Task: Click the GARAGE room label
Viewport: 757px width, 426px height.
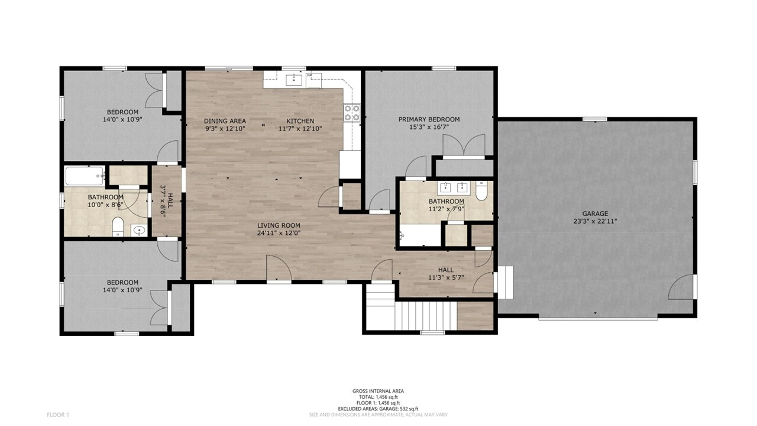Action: pos(595,214)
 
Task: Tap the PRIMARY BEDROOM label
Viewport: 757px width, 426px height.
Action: pos(429,120)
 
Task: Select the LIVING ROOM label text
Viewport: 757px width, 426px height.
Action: pos(279,225)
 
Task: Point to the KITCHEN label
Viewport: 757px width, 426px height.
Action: pos(300,121)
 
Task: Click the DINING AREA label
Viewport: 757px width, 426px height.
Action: pos(225,121)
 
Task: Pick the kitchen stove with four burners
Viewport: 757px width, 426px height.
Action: pos(352,112)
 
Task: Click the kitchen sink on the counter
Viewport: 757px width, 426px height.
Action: pos(294,80)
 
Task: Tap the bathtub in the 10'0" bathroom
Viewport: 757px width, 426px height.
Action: pos(85,176)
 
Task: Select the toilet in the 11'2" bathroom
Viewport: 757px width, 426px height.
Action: pos(481,191)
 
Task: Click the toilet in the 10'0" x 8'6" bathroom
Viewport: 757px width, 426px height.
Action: pos(118,227)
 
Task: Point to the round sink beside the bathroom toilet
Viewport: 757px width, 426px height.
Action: pos(138,231)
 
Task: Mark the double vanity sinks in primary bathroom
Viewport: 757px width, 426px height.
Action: pos(454,188)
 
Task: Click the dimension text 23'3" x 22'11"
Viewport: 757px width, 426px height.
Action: pos(595,221)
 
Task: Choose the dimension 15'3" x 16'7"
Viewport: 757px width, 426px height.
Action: pos(429,127)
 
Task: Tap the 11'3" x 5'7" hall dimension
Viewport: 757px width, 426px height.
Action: pos(446,278)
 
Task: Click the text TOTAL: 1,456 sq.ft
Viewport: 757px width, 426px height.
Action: pos(378,397)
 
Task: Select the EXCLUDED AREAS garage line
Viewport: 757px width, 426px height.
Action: pos(378,409)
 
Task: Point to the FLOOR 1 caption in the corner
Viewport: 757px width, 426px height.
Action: pos(58,415)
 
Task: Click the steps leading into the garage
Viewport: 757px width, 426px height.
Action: pos(505,282)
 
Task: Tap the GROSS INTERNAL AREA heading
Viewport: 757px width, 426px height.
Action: pos(378,391)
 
